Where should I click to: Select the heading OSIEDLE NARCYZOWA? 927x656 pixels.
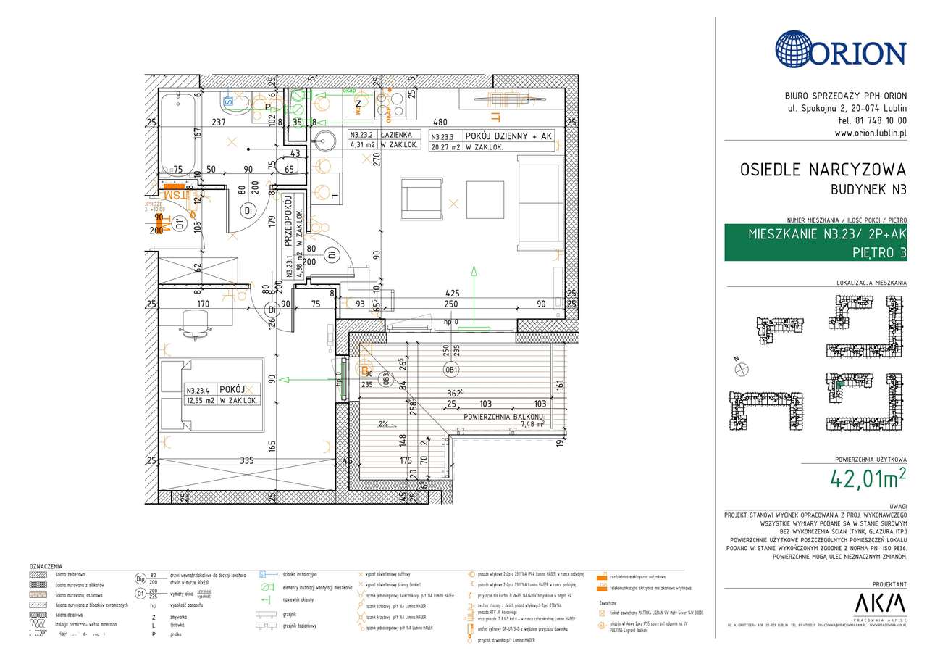[x=823, y=170]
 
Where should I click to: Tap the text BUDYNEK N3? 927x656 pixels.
[x=868, y=190]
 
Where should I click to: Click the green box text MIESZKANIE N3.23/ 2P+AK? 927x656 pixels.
[x=826, y=234]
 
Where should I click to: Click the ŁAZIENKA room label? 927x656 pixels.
[x=399, y=135]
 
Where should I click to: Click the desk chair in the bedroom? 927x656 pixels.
[x=196, y=322]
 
